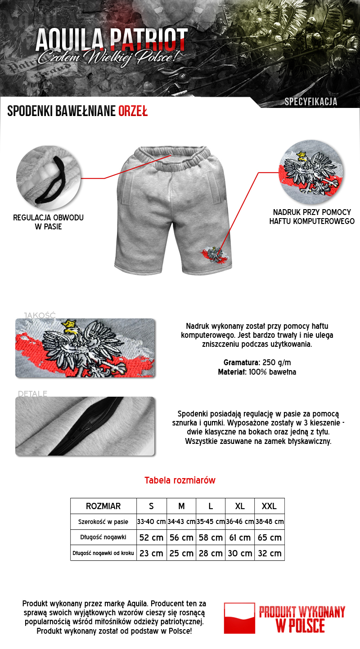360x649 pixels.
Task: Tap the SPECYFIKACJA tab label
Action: [x=311, y=102]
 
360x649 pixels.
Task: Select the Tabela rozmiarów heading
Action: [x=180, y=480]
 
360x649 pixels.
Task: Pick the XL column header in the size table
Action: [x=240, y=506]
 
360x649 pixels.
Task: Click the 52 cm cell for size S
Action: [x=151, y=537]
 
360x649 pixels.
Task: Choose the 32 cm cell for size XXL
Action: [x=269, y=553]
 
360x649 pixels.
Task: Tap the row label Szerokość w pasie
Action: [x=103, y=522]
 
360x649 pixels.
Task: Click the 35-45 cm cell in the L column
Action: [x=211, y=522]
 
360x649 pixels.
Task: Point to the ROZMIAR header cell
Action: [x=103, y=506]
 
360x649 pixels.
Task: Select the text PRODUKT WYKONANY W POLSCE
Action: [x=301, y=619]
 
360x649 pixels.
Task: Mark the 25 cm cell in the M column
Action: [x=181, y=553]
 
